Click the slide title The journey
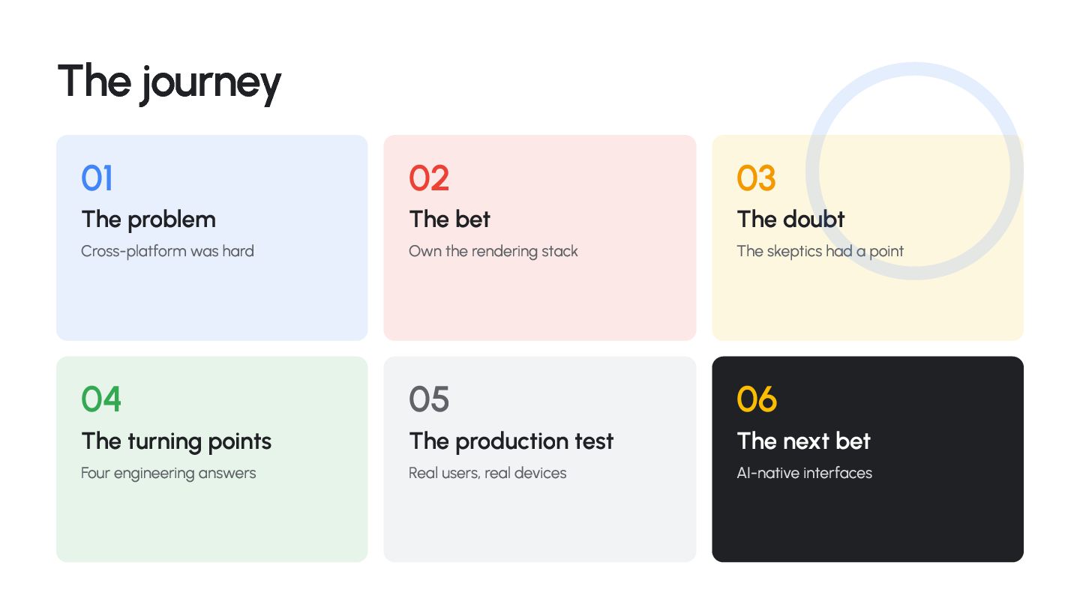click(x=169, y=83)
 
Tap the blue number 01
click(x=97, y=178)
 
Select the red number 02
click(x=429, y=178)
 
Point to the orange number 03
click(x=756, y=178)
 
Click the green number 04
click(x=100, y=399)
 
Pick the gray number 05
click(x=429, y=399)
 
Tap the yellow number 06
click(x=757, y=399)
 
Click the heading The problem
click(x=148, y=220)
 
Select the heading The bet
click(x=449, y=220)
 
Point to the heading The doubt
click(x=790, y=220)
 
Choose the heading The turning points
click(x=176, y=442)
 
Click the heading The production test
click(x=511, y=442)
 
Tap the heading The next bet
click(x=804, y=441)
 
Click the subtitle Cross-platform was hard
click(x=167, y=252)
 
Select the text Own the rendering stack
click(x=493, y=252)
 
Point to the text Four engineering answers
click(x=168, y=474)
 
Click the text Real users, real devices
click(x=487, y=473)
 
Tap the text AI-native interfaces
click(x=804, y=473)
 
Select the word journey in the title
click(x=211, y=85)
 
